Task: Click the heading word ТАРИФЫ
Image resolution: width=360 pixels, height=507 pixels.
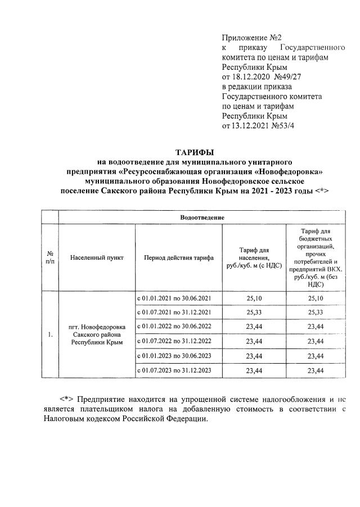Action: (195, 152)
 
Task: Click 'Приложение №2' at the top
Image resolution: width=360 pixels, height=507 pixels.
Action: (244, 38)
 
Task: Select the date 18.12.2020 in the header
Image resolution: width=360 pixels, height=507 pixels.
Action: (250, 76)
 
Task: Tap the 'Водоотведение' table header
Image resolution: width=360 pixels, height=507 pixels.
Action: (202, 217)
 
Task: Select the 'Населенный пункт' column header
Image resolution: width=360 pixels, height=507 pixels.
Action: (97, 257)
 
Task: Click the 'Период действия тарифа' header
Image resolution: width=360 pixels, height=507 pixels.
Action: (178, 257)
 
